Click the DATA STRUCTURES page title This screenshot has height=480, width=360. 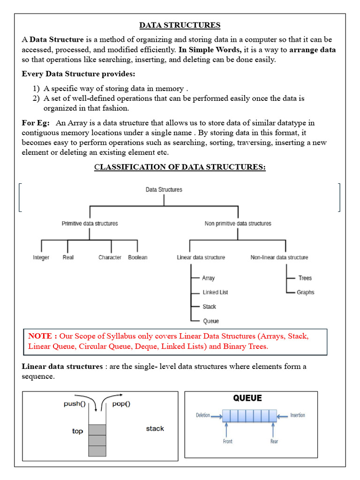(180, 25)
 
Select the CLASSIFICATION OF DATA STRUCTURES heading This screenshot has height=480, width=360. (180, 167)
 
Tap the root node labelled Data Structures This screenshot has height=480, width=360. (164, 190)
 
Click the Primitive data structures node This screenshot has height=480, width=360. (90, 224)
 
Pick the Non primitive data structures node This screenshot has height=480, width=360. (238, 224)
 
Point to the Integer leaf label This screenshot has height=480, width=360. (41, 257)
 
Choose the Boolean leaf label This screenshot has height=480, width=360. (137, 257)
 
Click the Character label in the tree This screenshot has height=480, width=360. (110, 257)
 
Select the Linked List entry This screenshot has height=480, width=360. (215, 292)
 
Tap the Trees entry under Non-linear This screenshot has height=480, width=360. (305, 278)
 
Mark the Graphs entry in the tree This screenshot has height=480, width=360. (305, 292)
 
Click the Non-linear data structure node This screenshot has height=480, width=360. (279, 257)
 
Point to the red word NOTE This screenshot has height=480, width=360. (43, 336)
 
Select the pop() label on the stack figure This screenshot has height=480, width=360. (121, 404)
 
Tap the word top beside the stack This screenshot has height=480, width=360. (77, 431)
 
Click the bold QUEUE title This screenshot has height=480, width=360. (247, 398)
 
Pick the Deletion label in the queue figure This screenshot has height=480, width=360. (203, 415)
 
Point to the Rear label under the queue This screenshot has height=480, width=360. (274, 442)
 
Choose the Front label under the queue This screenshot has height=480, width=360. (227, 442)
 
